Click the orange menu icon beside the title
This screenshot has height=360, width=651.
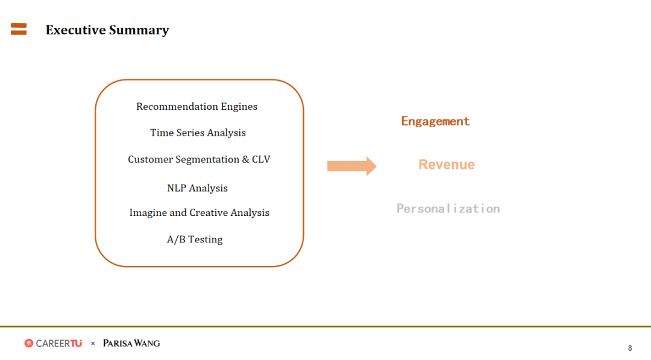tap(19, 29)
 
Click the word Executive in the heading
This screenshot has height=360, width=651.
tap(75, 30)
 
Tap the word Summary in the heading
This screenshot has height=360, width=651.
tap(139, 31)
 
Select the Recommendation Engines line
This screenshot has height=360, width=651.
tap(197, 107)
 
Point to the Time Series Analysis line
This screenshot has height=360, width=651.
tap(198, 133)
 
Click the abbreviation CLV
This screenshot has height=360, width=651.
tap(261, 159)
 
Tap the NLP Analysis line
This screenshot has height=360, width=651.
tap(197, 188)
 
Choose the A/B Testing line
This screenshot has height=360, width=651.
tap(195, 239)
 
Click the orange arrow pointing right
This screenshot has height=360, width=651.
tap(351, 166)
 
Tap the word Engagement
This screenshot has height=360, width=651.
tap(435, 121)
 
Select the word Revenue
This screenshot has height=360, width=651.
tap(446, 165)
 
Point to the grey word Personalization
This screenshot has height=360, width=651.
tap(448, 209)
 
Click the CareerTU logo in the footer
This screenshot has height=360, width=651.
tap(53, 343)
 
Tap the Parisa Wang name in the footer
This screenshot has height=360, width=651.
tap(131, 343)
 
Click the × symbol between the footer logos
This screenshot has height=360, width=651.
tap(93, 343)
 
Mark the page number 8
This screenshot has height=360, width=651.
tap(630, 349)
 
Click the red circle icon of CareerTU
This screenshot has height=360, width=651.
tap(29, 343)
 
